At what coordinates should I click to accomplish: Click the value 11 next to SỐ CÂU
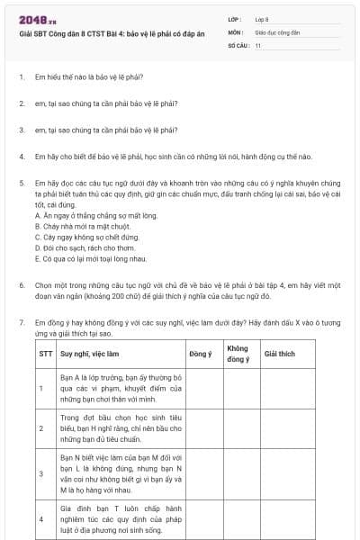258,44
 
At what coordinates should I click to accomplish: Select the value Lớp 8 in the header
261,18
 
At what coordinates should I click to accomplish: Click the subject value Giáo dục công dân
276,31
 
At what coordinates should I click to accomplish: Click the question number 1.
21,78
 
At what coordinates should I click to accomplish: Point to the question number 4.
21,156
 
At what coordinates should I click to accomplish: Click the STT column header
46,355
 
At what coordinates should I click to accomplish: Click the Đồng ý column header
202,355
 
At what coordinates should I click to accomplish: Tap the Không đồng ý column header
238,354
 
